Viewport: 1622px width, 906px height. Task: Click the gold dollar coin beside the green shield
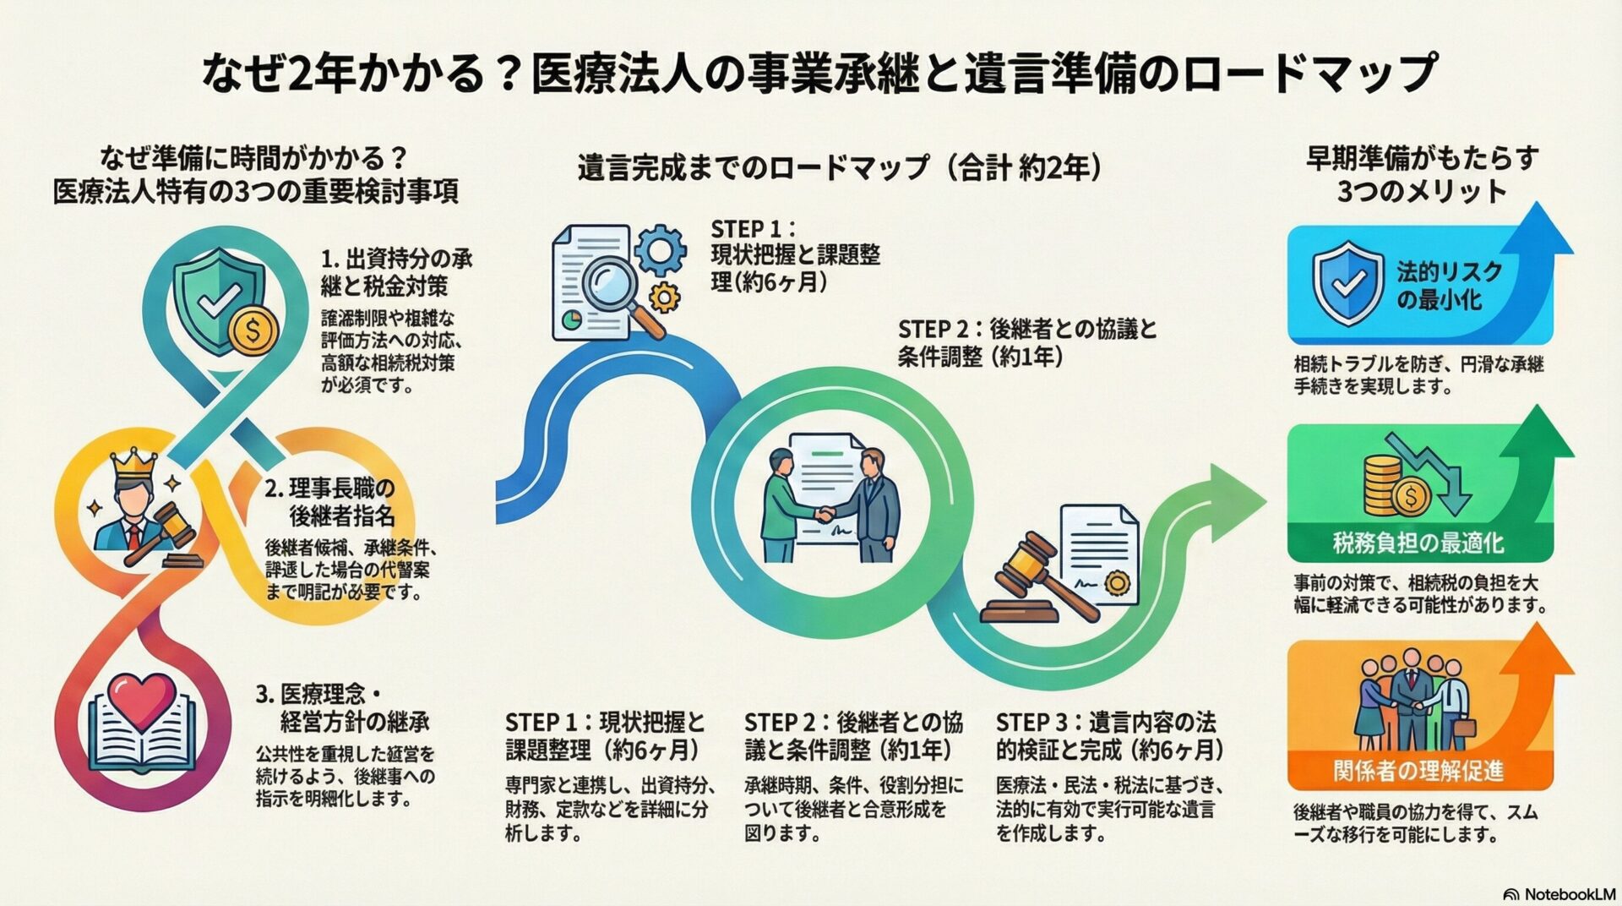[x=252, y=330]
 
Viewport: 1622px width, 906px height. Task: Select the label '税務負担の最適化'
[x=1418, y=543]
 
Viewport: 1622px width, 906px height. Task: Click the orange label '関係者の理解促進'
[x=1418, y=770]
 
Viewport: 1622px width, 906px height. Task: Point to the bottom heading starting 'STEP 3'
[x=1107, y=735]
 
